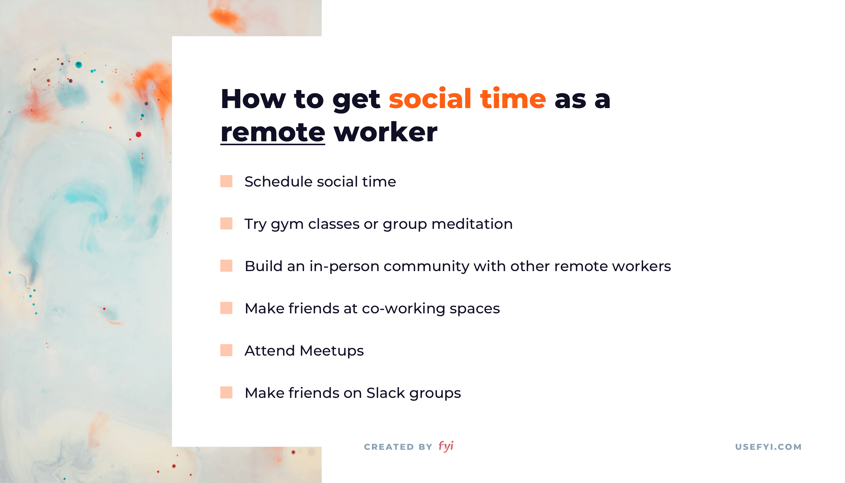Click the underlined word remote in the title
[273, 132]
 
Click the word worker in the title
[385, 132]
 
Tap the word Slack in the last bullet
[386, 393]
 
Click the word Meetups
[332, 351]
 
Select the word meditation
[472, 224]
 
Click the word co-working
[403, 309]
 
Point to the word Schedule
[279, 181]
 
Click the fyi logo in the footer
[446, 446]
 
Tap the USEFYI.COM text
[768, 447]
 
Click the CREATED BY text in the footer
[398, 447]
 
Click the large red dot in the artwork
[139, 134]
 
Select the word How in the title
[253, 98]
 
